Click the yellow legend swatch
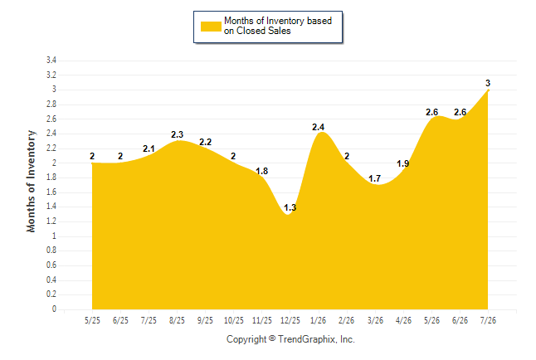(211, 27)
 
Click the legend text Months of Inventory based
(278, 21)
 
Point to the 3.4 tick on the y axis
(51, 61)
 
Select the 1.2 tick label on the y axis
(51, 221)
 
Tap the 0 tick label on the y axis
(54, 309)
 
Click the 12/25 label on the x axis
(290, 320)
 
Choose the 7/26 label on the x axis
(488, 320)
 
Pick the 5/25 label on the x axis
(92, 320)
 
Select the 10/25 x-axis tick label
(233, 320)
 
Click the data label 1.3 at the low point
(290, 207)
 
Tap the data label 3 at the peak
(488, 83)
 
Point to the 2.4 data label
(318, 127)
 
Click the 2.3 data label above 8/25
(177, 134)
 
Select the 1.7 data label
(375, 178)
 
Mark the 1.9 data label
(402, 163)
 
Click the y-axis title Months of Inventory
(31, 181)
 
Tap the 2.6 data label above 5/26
(431, 112)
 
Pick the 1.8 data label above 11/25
(262, 171)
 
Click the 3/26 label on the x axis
(375, 320)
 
